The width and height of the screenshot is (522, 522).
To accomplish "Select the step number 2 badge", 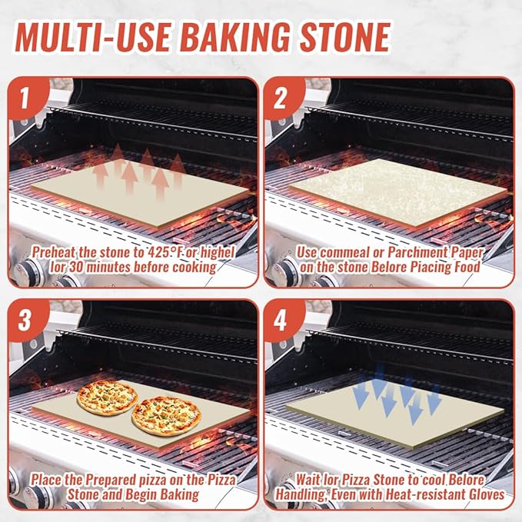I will [280, 98].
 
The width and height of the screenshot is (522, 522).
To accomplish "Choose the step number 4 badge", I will [280, 321].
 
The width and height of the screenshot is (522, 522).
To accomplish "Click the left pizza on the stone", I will [107, 397].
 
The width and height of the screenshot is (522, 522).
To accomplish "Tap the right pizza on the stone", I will [165, 415].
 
